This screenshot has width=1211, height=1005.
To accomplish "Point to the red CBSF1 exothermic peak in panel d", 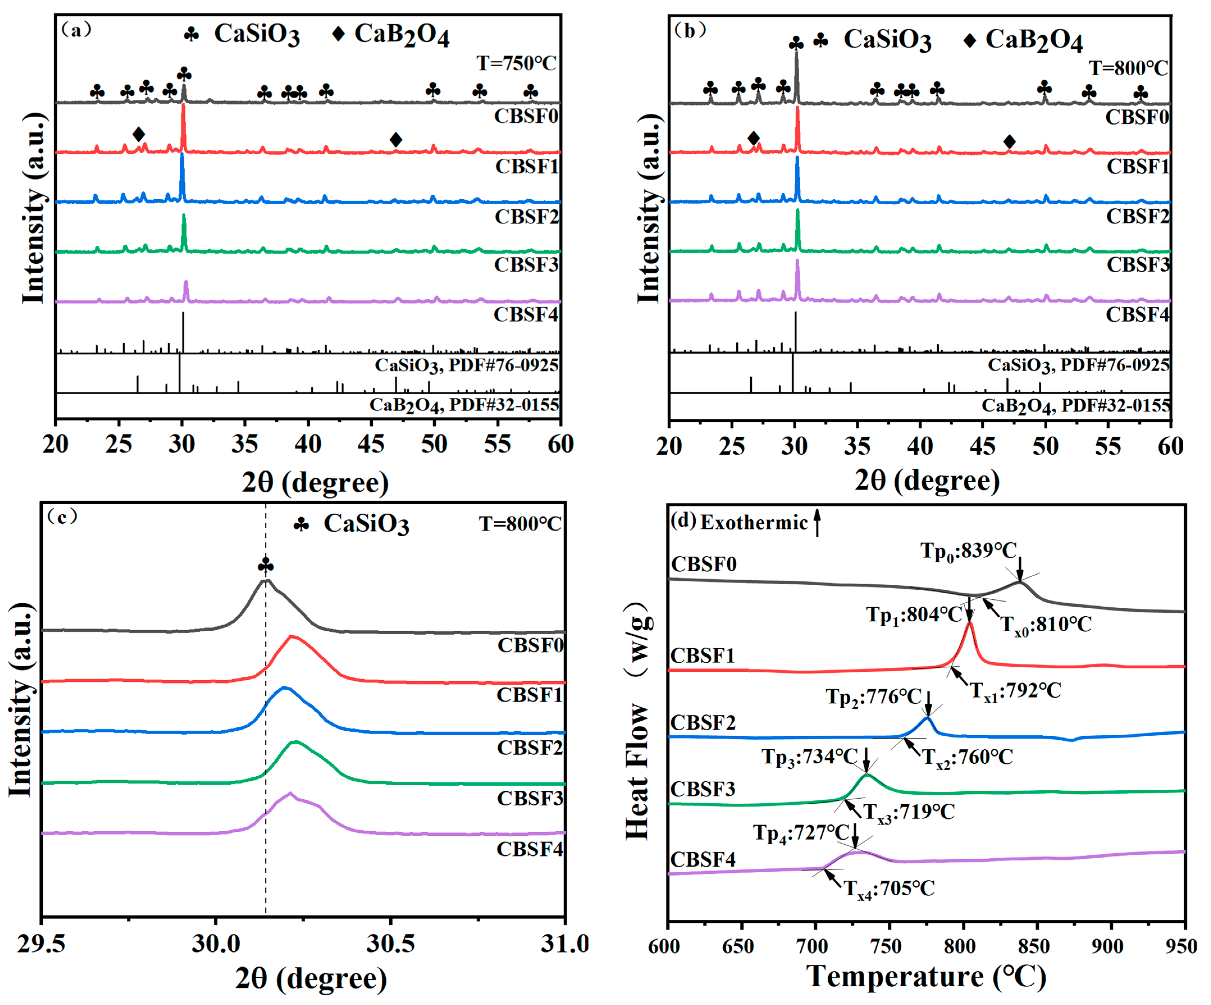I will pyautogui.click(x=970, y=624).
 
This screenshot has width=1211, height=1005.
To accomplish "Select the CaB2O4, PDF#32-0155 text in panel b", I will pyautogui.click(x=1075, y=405).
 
